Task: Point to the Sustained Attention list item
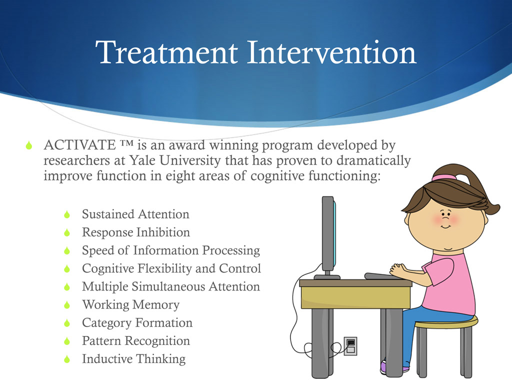135,214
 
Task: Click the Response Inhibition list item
136,232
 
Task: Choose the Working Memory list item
130,304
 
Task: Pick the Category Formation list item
137,323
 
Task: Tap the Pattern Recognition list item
136,341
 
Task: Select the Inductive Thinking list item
133,359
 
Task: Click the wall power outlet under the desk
350,344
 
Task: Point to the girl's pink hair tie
444,177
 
